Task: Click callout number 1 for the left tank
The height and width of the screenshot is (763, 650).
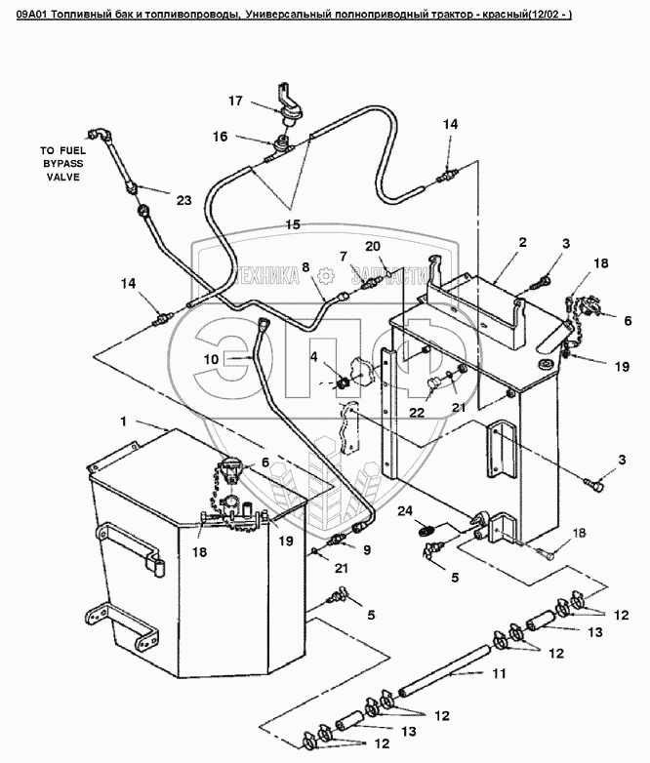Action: click(x=123, y=422)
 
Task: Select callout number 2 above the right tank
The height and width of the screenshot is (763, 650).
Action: click(x=522, y=241)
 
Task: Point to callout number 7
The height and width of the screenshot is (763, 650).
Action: click(x=343, y=256)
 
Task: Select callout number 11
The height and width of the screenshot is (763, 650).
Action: click(x=498, y=674)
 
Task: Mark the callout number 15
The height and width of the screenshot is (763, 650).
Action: click(x=292, y=223)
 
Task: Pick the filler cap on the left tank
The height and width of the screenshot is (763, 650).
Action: click(x=231, y=469)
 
